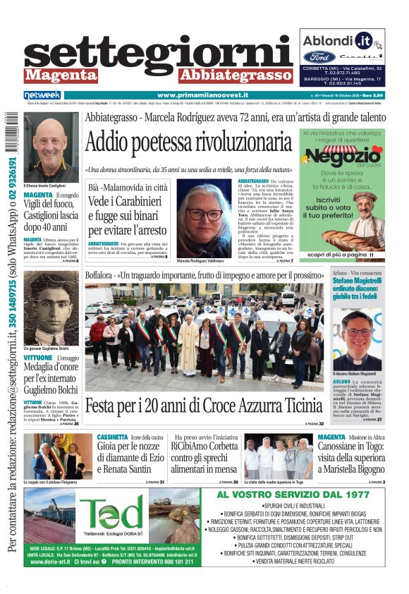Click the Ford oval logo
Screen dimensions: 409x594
click(319, 56)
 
